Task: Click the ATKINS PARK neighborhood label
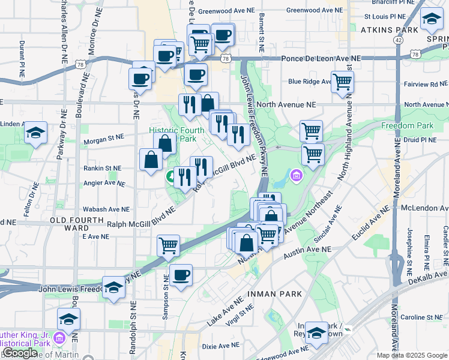389,29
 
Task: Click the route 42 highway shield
398,40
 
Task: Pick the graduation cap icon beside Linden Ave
35,133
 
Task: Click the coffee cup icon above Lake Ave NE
181,275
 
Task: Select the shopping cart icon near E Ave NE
168,245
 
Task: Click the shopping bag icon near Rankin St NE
151,160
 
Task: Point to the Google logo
20,353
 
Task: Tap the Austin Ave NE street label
307,249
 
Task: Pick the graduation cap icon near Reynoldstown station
316,334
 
